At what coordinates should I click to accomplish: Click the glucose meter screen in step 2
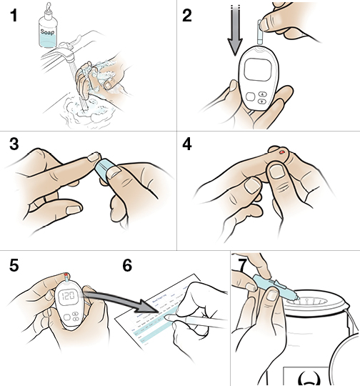coord(257,72)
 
